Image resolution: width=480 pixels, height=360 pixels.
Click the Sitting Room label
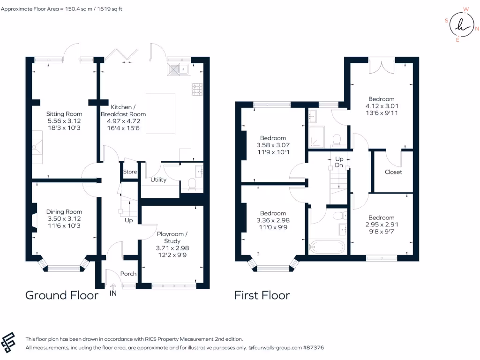64,114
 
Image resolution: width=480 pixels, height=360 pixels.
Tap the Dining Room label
64,212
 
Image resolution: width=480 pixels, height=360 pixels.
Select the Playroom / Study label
172,237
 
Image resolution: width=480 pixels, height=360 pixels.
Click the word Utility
158,180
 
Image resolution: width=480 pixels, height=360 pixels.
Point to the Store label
130,172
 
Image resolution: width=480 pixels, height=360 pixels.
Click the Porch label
128,274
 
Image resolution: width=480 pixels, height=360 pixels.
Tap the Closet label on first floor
393,172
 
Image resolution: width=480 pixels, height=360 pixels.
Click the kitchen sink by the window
178,70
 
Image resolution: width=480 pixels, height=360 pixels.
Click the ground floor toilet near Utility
191,185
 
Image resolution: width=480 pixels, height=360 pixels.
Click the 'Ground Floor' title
62,295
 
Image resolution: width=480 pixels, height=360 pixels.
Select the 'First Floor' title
262,295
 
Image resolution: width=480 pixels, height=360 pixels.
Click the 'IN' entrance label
113,293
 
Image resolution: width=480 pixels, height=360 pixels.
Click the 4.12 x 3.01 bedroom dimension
382,106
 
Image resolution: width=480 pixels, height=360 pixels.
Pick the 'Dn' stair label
339,165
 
